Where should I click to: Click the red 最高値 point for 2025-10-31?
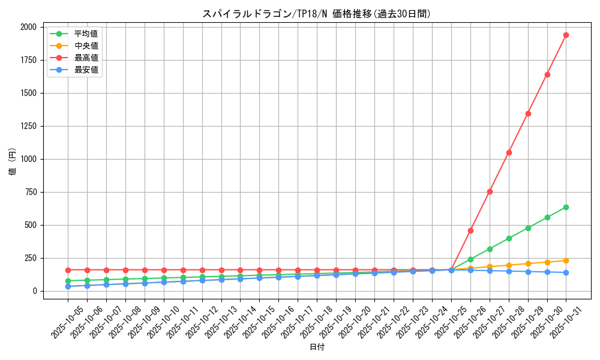point(566,35)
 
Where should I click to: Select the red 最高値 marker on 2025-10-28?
point(509,152)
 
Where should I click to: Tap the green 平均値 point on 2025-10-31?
point(566,207)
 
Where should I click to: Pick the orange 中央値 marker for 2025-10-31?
point(566,260)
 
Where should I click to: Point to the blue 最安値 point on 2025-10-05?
point(68,286)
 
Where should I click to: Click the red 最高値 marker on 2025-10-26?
point(470,230)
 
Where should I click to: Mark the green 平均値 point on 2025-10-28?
point(509,238)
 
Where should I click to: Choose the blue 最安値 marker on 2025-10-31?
point(566,272)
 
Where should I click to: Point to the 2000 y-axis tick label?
point(28,27)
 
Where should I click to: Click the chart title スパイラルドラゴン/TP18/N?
point(316,14)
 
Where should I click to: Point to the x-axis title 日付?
point(317,347)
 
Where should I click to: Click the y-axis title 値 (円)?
point(13,162)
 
